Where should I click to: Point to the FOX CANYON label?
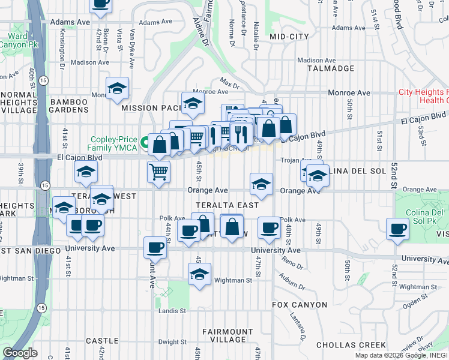(x=300, y=305)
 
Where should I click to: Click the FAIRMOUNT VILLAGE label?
(x=228, y=336)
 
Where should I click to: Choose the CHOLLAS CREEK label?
(x=351, y=345)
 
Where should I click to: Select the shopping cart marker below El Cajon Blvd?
(x=158, y=172)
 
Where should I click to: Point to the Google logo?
(x=20, y=353)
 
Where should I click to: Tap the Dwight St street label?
(x=173, y=342)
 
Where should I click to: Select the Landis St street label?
(x=173, y=311)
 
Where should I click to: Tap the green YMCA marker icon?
(x=145, y=143)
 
